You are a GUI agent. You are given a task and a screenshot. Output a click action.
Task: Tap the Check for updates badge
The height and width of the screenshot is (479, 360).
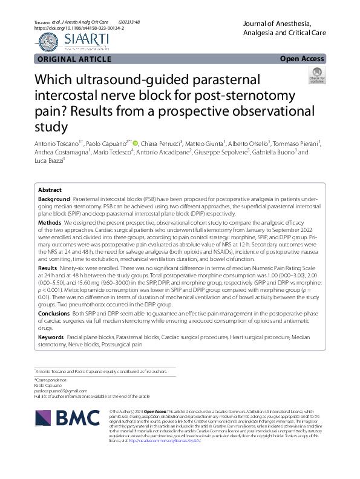[x=316, y=76]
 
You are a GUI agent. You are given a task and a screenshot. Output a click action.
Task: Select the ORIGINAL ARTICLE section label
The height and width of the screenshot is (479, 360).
[x=74, y=59]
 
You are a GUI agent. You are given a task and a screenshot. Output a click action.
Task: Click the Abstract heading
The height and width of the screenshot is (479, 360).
[x=50, y=190]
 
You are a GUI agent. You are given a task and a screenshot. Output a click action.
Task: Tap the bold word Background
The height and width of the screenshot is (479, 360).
[x=54, y=199]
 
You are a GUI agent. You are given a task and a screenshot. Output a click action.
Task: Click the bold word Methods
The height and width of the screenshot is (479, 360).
[x=50, y=223]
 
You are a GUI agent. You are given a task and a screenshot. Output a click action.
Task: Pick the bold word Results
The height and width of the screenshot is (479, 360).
[x=48, y=267]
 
